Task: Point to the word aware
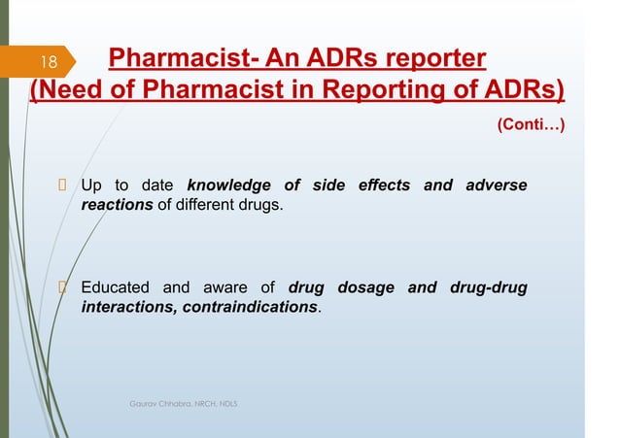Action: (x=227, y=287)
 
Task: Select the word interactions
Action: (x=124, y=307)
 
